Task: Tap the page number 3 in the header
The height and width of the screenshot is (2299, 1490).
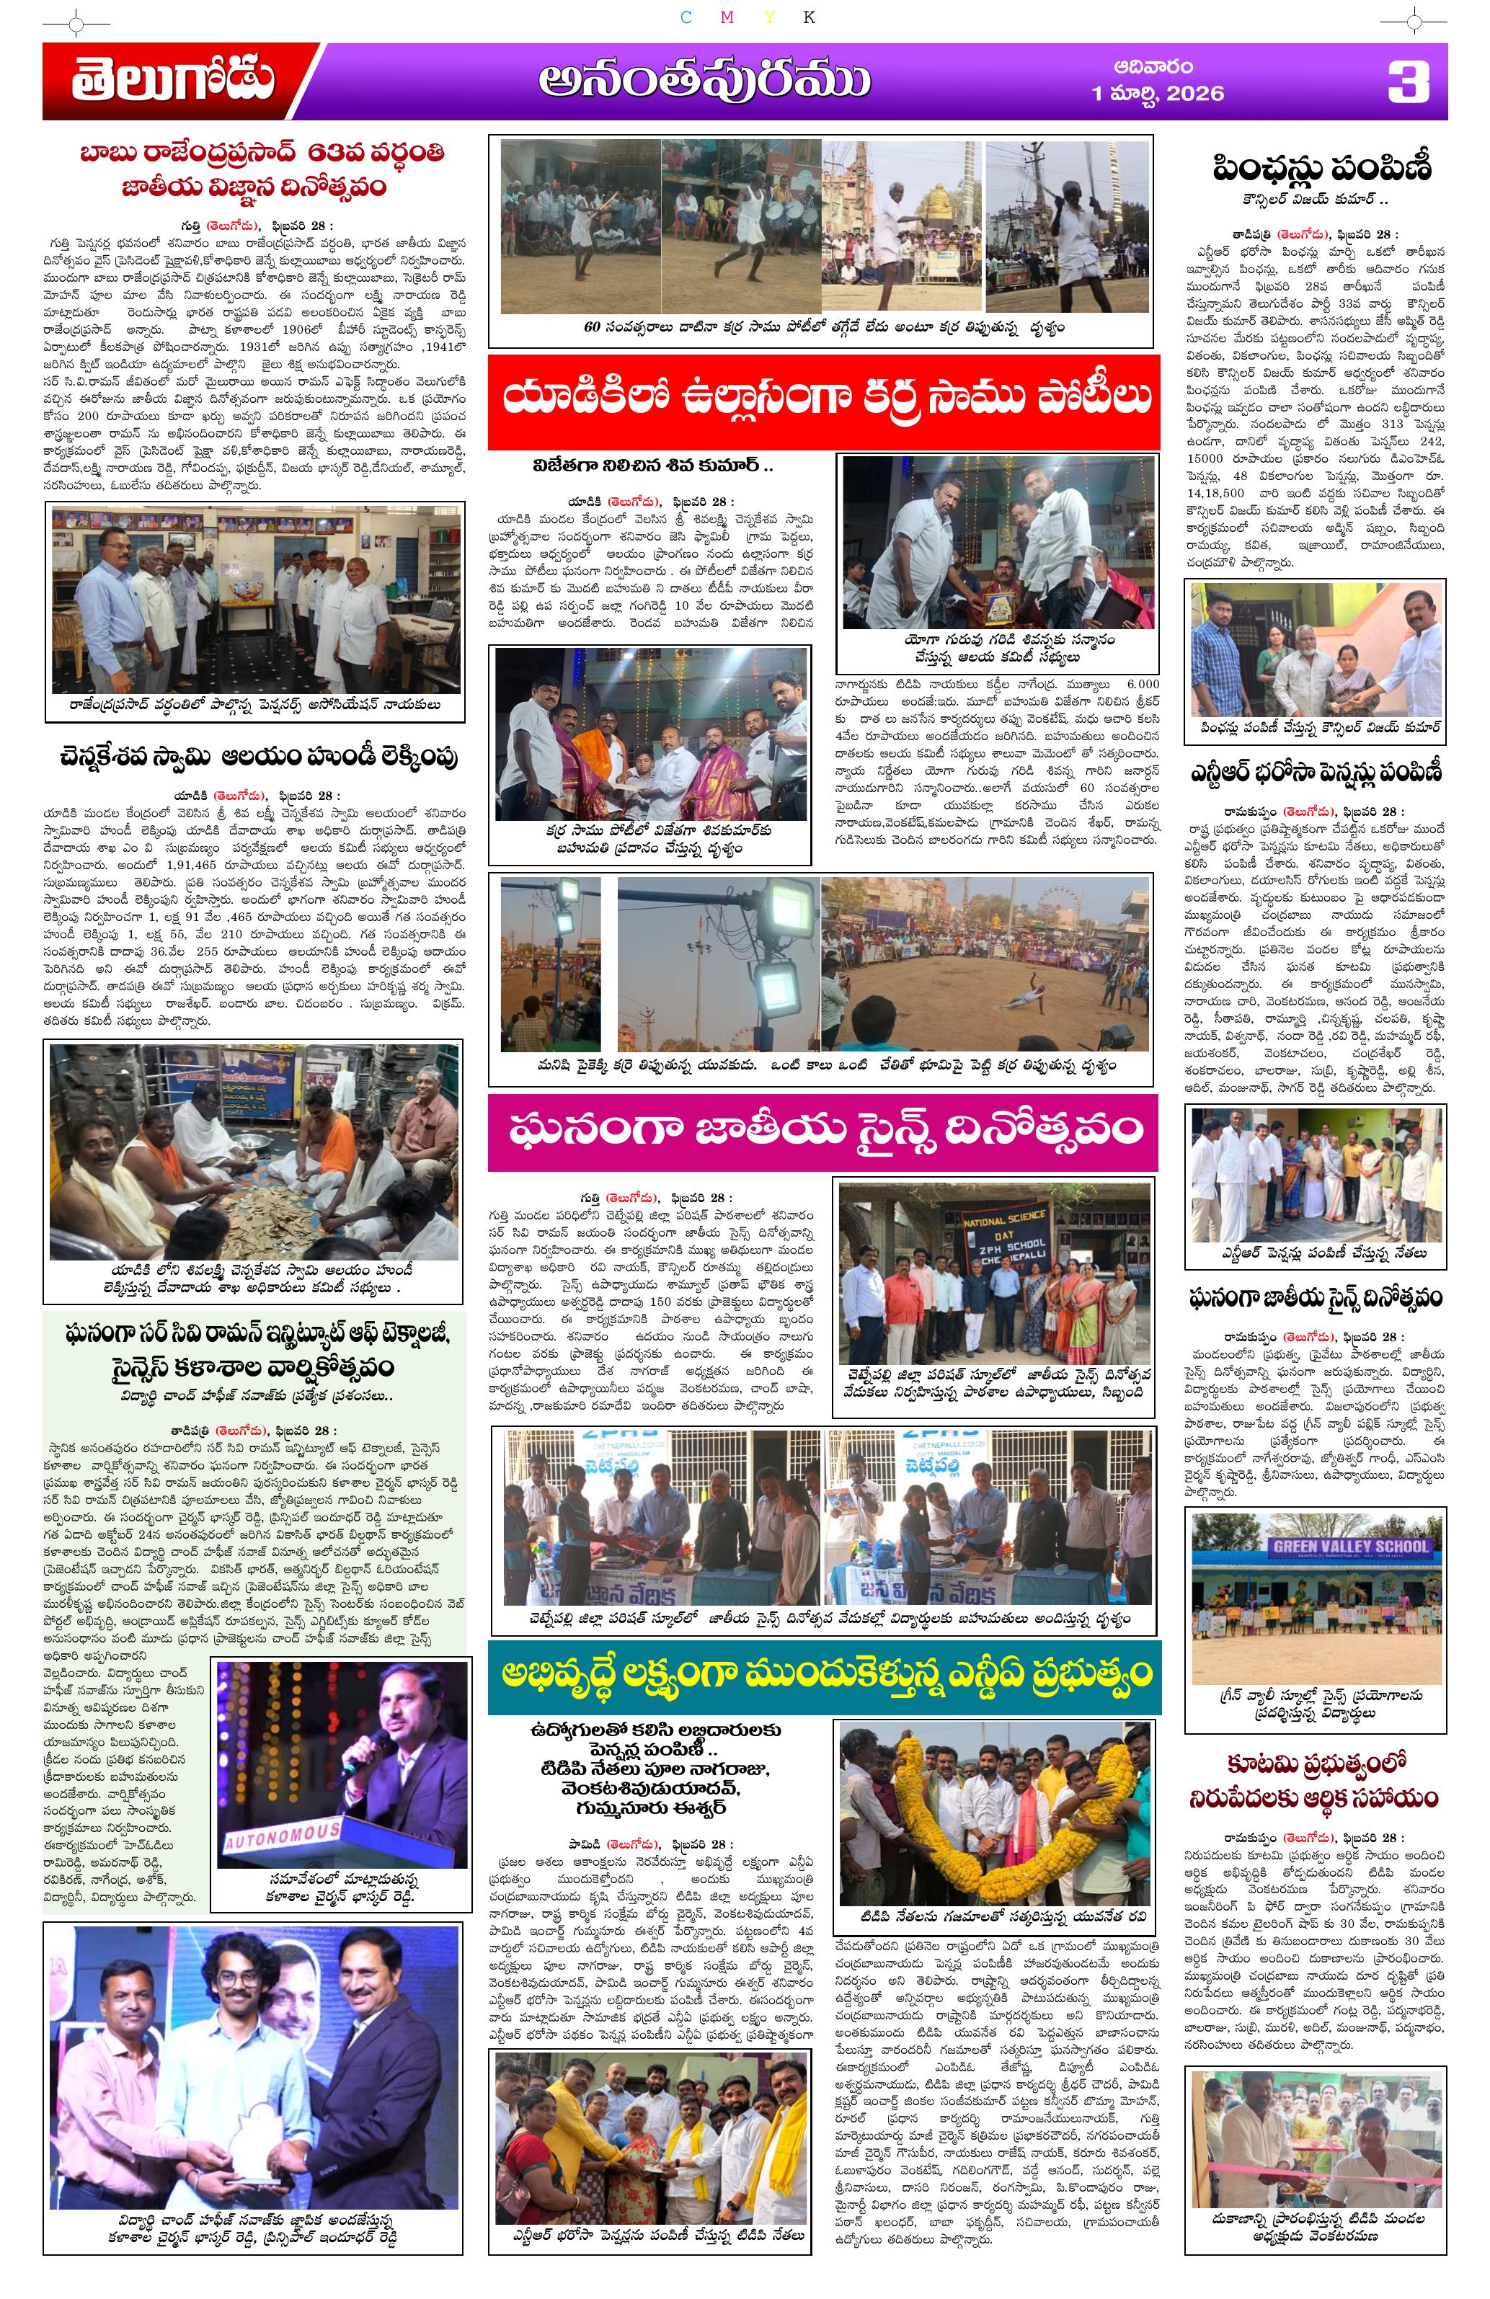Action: pyautogui.click(x=1407, y=81)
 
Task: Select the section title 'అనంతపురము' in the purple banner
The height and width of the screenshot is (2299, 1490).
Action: pyautogui.click(x=704, y=81)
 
